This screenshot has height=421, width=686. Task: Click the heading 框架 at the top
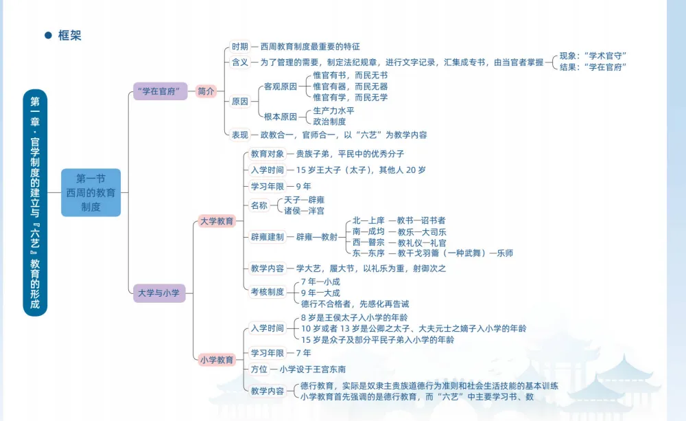70,36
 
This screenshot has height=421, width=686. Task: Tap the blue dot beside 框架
48,36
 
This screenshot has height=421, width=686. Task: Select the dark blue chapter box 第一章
35,203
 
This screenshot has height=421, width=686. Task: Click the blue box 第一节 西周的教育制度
91,192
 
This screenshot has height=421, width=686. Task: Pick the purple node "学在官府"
160,91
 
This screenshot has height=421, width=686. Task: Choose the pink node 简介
206,91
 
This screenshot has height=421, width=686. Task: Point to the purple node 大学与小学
158,293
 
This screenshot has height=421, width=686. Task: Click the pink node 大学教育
217,221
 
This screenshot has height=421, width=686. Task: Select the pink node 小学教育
217,359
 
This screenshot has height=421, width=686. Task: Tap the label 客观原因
281,87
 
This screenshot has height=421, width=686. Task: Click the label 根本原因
281,116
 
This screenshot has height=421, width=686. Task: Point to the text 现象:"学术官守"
593,56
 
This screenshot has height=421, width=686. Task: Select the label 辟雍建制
267,237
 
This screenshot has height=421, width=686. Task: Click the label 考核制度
267,292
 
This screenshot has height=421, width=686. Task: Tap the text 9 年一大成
320,293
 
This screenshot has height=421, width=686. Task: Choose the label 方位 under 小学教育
259,369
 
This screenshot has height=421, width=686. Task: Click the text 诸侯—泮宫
305,210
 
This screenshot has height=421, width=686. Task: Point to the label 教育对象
267,153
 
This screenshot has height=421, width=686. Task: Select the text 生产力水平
333,111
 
